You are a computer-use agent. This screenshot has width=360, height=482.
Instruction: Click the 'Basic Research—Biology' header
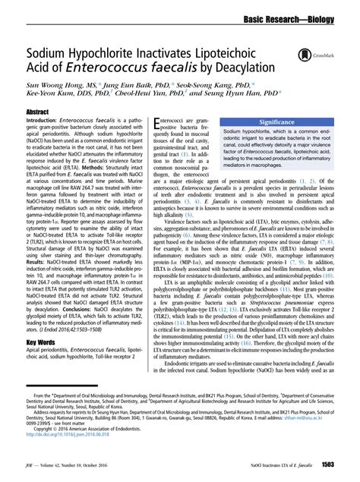[x=298, y=15]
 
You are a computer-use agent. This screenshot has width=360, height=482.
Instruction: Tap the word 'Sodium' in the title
[x=49, y=54]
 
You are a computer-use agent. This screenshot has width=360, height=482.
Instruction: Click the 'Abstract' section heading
[x=39, y=111]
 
